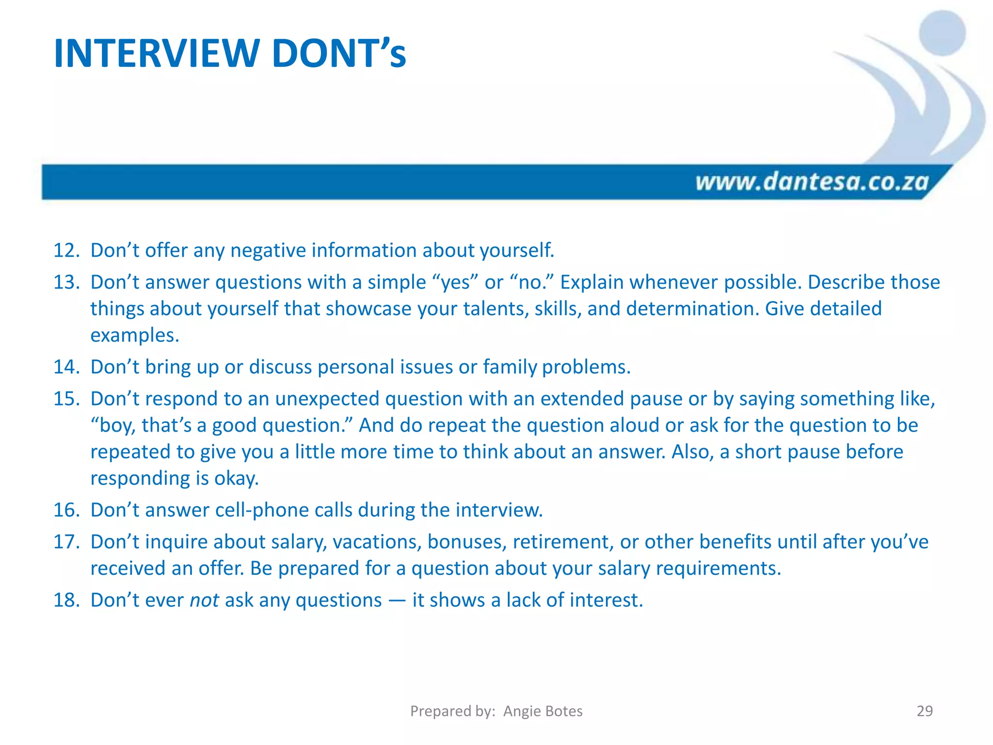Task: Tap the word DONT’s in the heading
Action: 338,53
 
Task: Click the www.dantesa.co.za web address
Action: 812,182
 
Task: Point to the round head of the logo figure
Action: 942,33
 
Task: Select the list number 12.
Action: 66,250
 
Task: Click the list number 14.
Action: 66,367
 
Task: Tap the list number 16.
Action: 66,510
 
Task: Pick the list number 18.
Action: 66,600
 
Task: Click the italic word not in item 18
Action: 204,600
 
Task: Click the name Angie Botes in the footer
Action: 543,711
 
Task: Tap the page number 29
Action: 925,711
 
